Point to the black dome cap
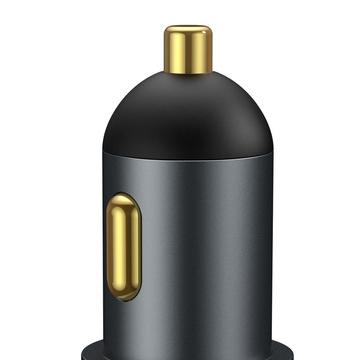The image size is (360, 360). tap(190, 115)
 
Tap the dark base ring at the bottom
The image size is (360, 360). tap(190, 352)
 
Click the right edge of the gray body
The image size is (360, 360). tap(276, 250)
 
